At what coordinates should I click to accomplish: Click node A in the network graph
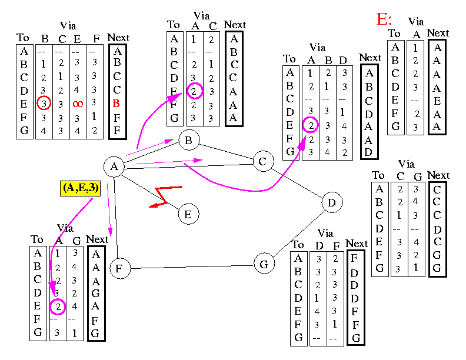pos(114,166)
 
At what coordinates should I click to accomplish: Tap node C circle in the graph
pos(263,161)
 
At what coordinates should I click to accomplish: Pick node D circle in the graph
pos(332,203)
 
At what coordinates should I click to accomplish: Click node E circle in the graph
pos(188,214)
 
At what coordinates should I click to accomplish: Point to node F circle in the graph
pos(119,269)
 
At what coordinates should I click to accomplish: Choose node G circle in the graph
pos(264,264)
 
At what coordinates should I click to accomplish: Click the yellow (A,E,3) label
pos(81,188)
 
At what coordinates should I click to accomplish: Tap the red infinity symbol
pos(78,104)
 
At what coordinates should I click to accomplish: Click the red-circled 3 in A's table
pos(44,103)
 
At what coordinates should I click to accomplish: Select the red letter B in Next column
pos(116,104)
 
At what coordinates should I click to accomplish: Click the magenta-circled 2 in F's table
pos(57,306)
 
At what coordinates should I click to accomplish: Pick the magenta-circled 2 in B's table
pos(195,91)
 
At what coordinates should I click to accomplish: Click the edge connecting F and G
pos(192,266)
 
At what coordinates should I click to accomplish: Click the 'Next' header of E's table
pos(438,33)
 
